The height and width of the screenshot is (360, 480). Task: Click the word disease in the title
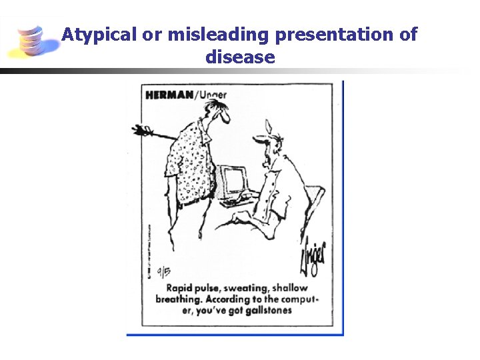(240, 57)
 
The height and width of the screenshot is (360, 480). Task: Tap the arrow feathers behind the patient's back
(142, 129)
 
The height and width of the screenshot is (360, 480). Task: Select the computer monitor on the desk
(233, 181)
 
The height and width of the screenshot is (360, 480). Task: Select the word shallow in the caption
(289, 288)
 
